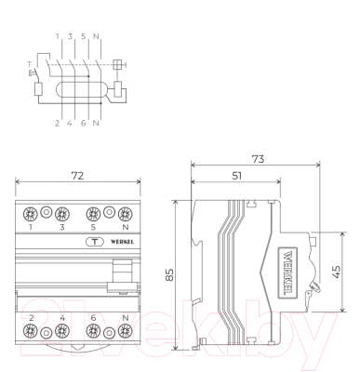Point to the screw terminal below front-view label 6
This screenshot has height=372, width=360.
(x=94, y=333)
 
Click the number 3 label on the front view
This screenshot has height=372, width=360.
(x=62, y=227)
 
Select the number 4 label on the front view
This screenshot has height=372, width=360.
(x=62, y=319)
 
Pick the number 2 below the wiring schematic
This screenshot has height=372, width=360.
(x=57, y=122)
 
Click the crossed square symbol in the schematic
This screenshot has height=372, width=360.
(x=117, y=64)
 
